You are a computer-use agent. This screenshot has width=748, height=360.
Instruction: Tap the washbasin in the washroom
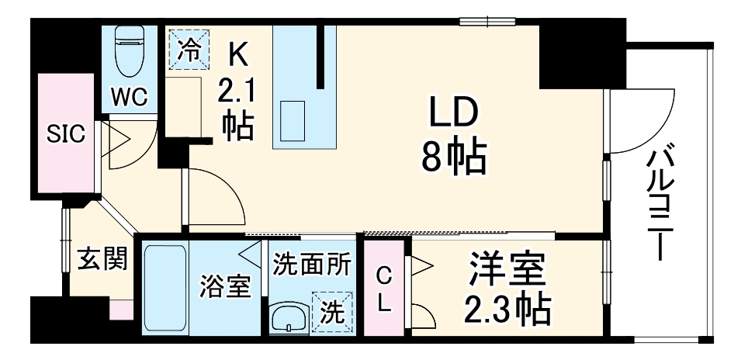click(x=289, y=319)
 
